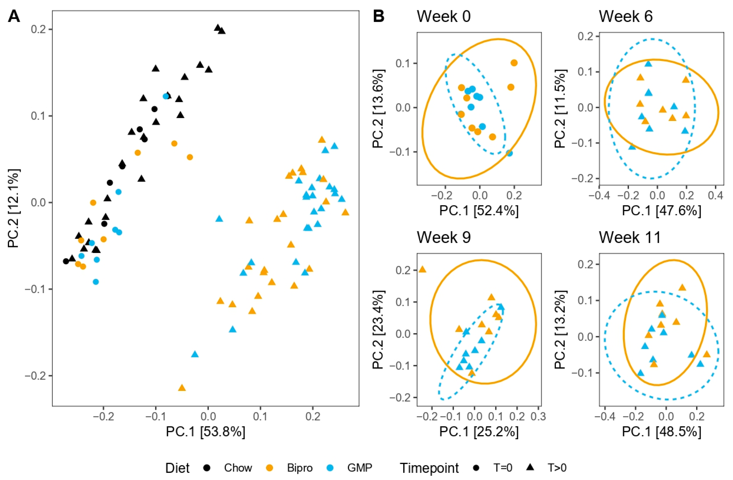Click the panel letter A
14,16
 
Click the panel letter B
379,16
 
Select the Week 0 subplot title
444,16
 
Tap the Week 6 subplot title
626,16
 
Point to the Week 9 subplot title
444,237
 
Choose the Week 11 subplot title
630,237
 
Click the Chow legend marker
207,468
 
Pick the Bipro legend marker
269,468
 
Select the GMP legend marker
330,468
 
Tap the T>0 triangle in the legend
530,467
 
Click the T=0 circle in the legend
476,468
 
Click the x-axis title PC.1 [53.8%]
206,432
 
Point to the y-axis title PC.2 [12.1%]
14,208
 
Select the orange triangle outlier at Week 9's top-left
422,269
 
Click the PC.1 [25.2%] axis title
479,432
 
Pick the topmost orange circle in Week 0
514,63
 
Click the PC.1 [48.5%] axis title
662,432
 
